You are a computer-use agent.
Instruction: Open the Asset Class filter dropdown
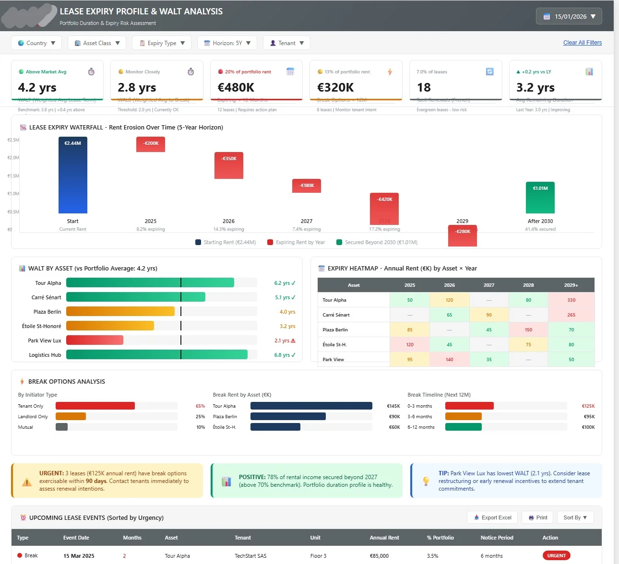tap(97, 43)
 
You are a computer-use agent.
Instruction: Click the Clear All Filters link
tap(582, 43)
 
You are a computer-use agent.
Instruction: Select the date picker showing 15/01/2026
tap(569, 16)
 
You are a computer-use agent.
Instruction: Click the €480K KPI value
tap(236, 87)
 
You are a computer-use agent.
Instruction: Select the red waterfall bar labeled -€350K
tap(228, 165)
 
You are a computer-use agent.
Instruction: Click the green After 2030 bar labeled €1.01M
tap(540, 198)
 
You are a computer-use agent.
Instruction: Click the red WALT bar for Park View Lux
tap(95, 341)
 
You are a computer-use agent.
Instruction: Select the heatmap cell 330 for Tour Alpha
tap(571, 300)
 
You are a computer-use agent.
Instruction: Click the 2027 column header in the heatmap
tap(488, 285)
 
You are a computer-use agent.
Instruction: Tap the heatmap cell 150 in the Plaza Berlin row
tap(528, 330)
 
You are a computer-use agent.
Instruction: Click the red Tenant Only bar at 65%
tap(95, 406)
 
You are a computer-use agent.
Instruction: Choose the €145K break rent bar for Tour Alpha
tap(311, 406)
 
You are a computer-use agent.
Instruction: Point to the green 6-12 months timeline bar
tap(463, 427)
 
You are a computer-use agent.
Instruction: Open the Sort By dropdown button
tap(575, 517)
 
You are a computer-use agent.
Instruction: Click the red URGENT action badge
tap(556, 555)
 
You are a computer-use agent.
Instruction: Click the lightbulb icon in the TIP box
tap(426, 481)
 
